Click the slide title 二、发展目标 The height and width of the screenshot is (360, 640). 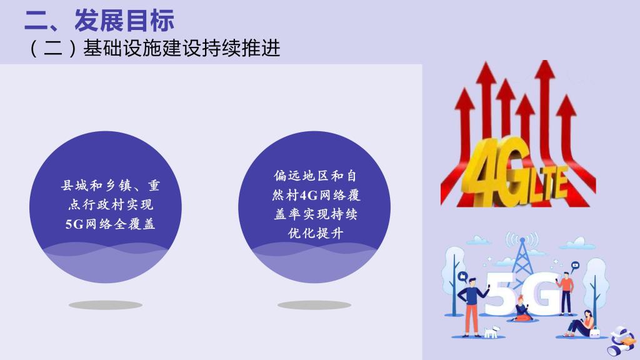coord(99,20)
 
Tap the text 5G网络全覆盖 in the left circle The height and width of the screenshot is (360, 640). coord(110,224)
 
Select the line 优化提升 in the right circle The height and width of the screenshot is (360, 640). coord(316,233)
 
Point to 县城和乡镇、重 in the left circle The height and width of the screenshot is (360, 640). coord(110,186)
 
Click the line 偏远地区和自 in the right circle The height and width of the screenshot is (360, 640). coord(315,176)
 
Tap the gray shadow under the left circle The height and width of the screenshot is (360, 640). coord(105,305)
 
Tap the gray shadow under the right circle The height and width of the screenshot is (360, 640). coord(314,305)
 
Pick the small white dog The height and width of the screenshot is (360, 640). coord(491,331)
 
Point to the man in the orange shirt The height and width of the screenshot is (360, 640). coord(566,292)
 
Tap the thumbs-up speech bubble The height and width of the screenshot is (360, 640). coord(462,277)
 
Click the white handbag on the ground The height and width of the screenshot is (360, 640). coord(595,332)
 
